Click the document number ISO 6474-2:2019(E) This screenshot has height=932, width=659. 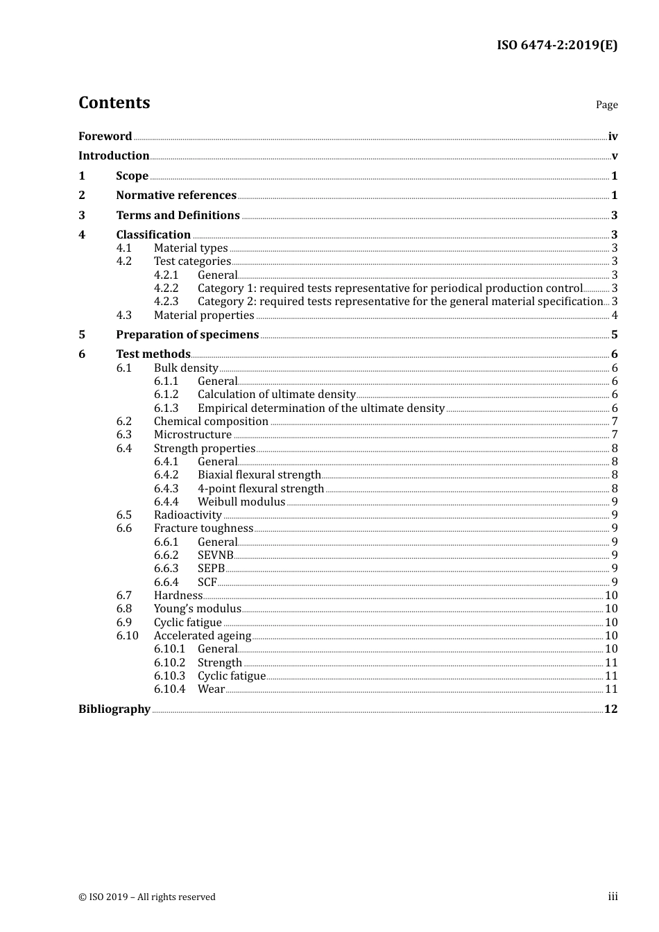tap(556, 46)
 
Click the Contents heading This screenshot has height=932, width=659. tap(114, 103)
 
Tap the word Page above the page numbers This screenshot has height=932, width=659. tap(606, 105)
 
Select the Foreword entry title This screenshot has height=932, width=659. tap(105, 137)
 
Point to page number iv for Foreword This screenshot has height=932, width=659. tap(613, 137)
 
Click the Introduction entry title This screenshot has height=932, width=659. tap(114, 156)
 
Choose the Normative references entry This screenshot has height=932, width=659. tap(176, 196)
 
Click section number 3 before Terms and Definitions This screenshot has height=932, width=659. tap(82, 216)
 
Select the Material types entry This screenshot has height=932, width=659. tap(191, 248)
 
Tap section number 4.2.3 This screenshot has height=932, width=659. tap(166, 302)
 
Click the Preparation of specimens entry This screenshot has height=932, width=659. tap(187, 335)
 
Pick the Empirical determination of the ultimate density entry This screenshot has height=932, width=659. tap(320, 408)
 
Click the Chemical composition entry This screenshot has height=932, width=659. tap(211, 422)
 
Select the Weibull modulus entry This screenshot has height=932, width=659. tap(241, 502)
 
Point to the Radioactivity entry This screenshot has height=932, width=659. tap(187, 515)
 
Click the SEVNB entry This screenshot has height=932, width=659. tap(215, 555)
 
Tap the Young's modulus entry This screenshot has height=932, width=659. tap(197, 609)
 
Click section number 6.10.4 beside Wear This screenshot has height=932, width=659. tap(169, 689)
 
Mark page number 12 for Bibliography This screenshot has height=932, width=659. tap(610, 709)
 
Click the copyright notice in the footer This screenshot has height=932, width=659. tap(147, 897)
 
